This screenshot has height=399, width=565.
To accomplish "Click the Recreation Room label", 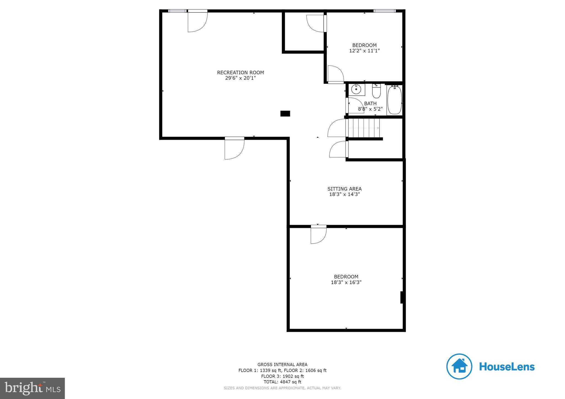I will pos(240,72).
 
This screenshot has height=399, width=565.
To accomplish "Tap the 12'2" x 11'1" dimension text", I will pos(364,51).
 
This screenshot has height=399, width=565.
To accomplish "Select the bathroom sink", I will pos(356,90).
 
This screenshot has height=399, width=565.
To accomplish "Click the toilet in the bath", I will pos(376,91).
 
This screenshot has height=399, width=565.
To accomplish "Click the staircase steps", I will pos(364,128).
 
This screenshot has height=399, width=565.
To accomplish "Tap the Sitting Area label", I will pos(344,189).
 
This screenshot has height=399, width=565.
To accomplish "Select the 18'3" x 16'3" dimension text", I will pos(346,282).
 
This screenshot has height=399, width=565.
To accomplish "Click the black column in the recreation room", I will pos(285,114).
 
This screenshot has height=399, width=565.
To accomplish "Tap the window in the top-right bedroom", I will pos(384,11).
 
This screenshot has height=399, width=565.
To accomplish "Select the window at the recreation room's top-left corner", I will pos(177,11).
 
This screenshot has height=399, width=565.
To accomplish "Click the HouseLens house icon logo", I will pos(459,366).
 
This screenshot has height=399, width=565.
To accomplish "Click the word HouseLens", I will pos(507,367).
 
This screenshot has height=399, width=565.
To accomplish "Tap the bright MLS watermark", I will pos(33,388).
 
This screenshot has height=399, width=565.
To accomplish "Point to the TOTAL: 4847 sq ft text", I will pos(282,382).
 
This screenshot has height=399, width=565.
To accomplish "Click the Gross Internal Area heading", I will pos(282,365).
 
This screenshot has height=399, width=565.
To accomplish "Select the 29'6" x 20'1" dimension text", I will pos(240,78).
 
